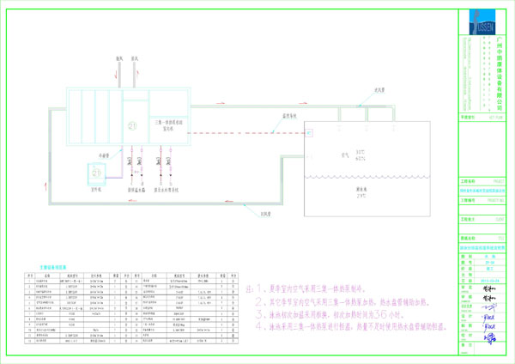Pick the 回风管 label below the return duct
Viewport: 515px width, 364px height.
pos(255,214)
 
